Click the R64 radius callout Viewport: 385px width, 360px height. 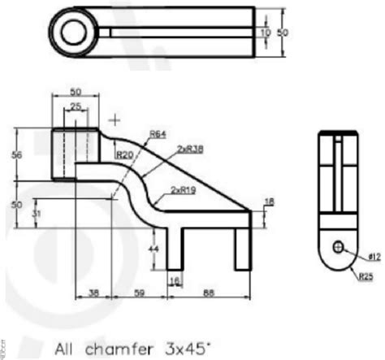[x=158, y=135]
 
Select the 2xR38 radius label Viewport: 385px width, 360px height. [x=189, y=149]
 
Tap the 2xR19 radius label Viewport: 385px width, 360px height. [x=182, y=189]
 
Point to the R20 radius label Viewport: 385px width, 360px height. [x=125, y=152]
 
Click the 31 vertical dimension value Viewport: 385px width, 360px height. [x=32, y=213]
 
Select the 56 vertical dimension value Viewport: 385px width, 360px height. [x=19, y=154]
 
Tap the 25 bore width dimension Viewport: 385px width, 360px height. [x=74, y=107]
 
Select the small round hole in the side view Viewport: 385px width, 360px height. [x=339, y=246]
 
